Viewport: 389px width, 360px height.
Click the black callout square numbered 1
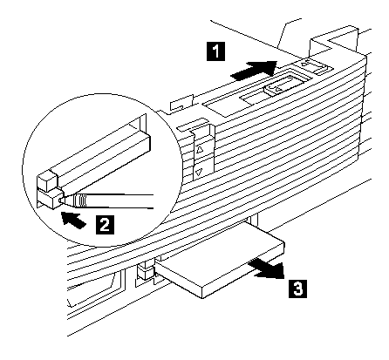[x=215, y=51]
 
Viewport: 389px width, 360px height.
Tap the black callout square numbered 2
[x=105, y=224]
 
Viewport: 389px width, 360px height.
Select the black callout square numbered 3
[x=297, y=289]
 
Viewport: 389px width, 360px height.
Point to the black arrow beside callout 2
[x=73, y=220]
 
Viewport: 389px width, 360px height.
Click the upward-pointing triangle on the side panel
[x=200, y=150]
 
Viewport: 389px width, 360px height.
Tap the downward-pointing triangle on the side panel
[x=199, y=173]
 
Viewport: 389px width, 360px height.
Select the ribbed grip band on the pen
[x=80, y=200]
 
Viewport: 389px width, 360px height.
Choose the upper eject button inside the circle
[x=47, y=180]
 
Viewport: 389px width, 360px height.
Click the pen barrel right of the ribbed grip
[x=120, y=201]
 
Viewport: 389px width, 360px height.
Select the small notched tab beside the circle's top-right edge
[x=182, y=102]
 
